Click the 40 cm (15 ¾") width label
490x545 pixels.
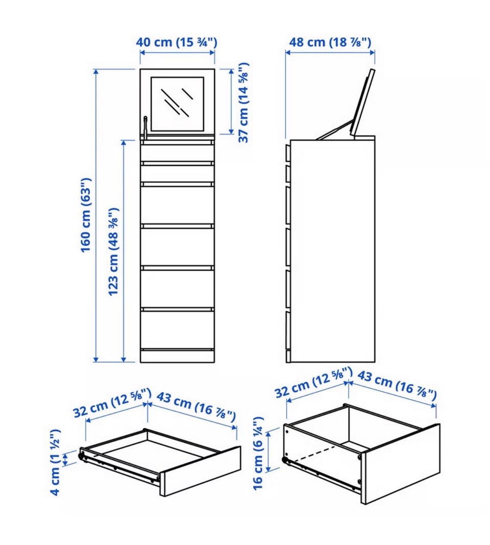tap(176, 42)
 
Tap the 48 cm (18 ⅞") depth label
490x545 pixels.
tap(330, 42)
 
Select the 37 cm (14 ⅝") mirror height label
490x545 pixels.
tap(243, 103)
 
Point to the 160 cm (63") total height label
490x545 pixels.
tap(86, 215)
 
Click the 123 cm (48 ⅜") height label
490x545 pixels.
tap(114, 252)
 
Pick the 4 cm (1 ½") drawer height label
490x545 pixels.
tap(55, 462)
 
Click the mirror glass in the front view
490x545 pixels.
tap(177, 104)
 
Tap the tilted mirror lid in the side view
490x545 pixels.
tap(363, 103)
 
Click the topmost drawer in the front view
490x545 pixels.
tap(177, 153)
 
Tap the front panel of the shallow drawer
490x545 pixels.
tap(201, 471)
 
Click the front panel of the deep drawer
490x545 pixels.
tap(401, 464)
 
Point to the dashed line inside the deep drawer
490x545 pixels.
tap(314, 454)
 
